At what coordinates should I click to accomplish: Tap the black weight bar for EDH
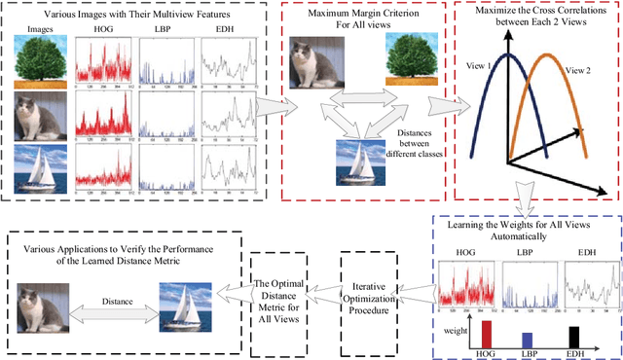pyautogui.click(x=574, y=336)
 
